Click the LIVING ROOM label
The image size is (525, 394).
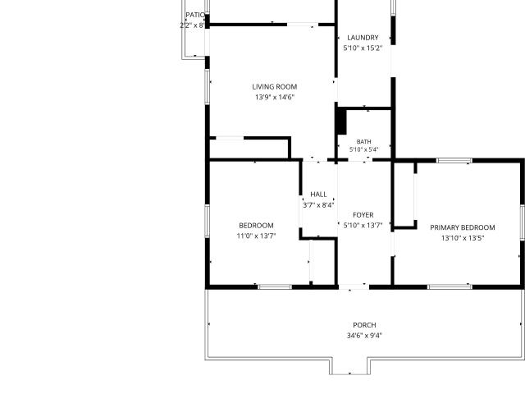(x=275, y=87)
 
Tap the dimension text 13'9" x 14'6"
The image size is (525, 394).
(x=275, y=97)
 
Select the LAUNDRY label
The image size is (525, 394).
(x=363, y=38)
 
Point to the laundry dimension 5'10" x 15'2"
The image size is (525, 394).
(x=363, y=48)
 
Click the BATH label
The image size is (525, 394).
(x=364, y=142)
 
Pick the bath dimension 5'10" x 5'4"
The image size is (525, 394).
(x=364, y=149)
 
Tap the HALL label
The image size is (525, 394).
(x=318, y=195)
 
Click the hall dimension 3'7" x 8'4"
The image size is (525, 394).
(x=318, y=205)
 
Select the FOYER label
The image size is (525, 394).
(x=363, y=215)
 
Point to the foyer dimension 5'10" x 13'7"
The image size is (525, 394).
(x=363, y=225)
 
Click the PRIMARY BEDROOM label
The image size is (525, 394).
(x=463, y=227)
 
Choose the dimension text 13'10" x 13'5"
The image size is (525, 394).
(x=463, y=238)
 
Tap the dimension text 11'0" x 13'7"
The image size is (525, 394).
(x=256, y=236)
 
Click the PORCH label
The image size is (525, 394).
(x=364, y=325)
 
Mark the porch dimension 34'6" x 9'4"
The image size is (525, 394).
(x=364, y=336)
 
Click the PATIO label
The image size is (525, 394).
(x=195, y=15)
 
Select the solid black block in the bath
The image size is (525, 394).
(x=341, y=121)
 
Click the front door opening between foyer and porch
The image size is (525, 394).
(x=354, y=286)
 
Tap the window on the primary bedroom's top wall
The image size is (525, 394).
(x=454, y=161)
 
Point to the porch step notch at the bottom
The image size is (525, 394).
(x=350, y=366)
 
